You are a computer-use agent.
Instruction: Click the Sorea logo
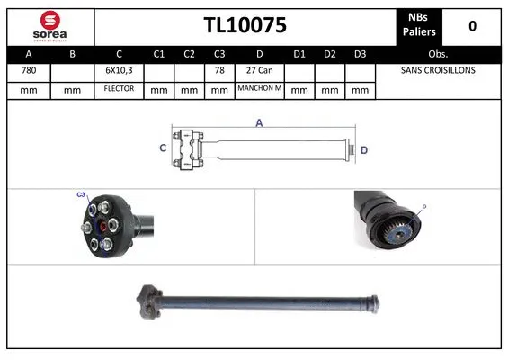point(49,25)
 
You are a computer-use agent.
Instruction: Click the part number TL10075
point(244,26)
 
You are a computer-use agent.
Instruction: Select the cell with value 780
point(29,70)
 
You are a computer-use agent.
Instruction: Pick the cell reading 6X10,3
point(119,70)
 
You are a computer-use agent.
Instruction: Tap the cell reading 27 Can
point(259,70)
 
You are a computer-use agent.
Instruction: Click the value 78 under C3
point(219,70)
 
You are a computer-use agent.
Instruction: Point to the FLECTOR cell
point(119,89)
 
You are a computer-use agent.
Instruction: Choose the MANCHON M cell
point(259,89)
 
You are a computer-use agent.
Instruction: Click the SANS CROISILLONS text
point(438,70)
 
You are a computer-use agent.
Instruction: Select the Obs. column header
point(438,53)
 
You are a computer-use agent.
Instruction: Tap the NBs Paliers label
point(417,26)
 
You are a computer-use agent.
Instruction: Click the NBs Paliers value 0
point(473,26)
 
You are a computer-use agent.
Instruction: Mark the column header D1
point(300,53)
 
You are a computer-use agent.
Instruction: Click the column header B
point(73,53)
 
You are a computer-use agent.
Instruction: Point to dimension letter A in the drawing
point(259,123)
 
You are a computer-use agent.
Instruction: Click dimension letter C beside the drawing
point(163,148)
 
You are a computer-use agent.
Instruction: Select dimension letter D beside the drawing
point(363,149)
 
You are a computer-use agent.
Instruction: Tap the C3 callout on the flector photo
point(80,194)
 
